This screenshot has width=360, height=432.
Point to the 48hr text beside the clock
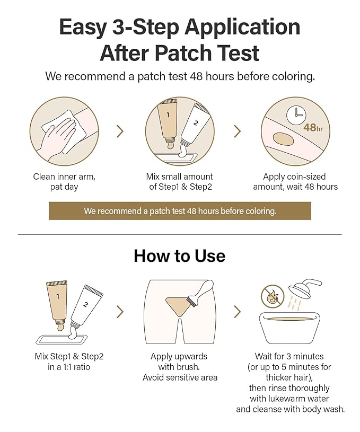(x=313, y=128)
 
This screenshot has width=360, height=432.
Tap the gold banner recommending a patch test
(x=180, y=210)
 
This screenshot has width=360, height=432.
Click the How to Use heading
(x=180, y=255)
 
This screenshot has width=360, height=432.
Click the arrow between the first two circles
(x=120, y=131)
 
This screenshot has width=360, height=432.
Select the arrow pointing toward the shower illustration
(x=237, y=311)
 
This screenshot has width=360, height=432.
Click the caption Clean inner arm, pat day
(x=64, y=182)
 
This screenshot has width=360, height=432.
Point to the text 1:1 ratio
(x=70, y=366)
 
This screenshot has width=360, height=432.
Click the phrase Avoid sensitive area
(x=180, y=377)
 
